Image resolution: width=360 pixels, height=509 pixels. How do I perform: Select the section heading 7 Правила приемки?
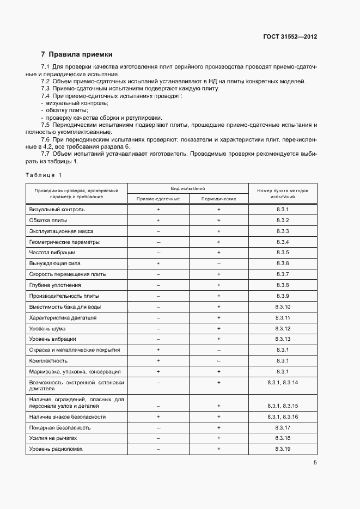click(x=77, y=54)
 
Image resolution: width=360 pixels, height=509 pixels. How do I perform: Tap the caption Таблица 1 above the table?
click(x=44, y=175)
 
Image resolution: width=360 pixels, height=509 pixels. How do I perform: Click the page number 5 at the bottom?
click(x=315, y=463)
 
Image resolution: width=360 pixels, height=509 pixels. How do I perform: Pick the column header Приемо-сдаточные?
click(x=157, y=199)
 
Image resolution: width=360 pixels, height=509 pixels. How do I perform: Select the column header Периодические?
click(x=218, y=199)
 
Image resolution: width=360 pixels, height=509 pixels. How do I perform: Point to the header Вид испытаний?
click(x=188, y=188)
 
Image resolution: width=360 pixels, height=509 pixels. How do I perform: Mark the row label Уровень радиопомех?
click(x=56, y=449)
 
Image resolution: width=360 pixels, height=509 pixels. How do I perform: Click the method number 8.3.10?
click(x=282, y=307)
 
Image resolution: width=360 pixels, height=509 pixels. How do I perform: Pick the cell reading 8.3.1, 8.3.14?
click(x=282, y=383)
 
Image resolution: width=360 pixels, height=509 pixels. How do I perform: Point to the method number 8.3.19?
click(x=282, y=449)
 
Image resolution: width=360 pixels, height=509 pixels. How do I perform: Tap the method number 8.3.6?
click(x=282, y=263)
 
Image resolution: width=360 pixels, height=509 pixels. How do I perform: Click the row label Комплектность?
click(x=48, y=361)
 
